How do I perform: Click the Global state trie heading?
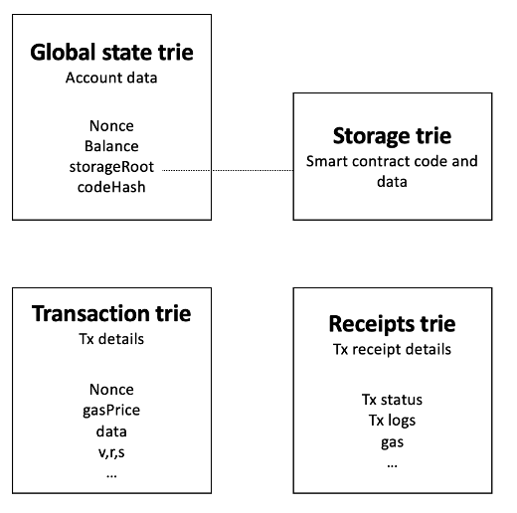tap(111, 52)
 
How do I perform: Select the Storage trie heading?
tap(392, 135)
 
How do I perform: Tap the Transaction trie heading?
tap(111, 313)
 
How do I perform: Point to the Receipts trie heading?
tap(392, 324)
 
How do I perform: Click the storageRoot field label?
tap(112, 167)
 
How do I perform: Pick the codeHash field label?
tap(111, 188)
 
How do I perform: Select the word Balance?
tap(111, 146)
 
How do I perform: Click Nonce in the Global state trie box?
tap(111, 126)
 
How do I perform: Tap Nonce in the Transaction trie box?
tap(111, 390)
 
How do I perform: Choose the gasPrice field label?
tap(111, 411)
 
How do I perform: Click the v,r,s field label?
tap(111, 452)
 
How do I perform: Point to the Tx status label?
tap(392, 400)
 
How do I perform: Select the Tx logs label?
tap(392, 421)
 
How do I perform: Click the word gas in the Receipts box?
tap(392, 441)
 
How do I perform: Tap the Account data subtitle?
tap(111, 77)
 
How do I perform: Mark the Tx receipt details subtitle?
tap(392, 349)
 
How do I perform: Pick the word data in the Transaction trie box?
tap(111, 431)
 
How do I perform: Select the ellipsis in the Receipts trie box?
tap(392, 463)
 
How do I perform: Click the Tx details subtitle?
tap(111, 339)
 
